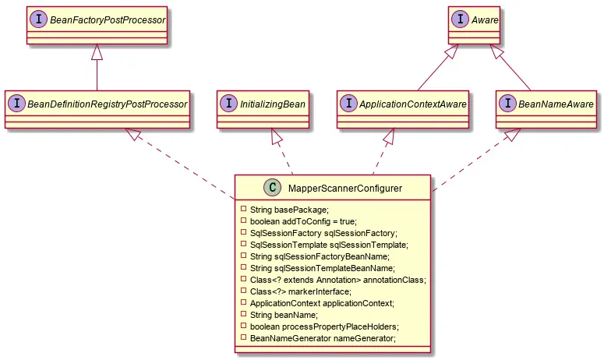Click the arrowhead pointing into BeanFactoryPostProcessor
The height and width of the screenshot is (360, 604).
pyautogui.click(x=96, y=51)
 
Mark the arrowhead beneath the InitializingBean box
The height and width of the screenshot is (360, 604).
pyautogui.click(x=276, y=136)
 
